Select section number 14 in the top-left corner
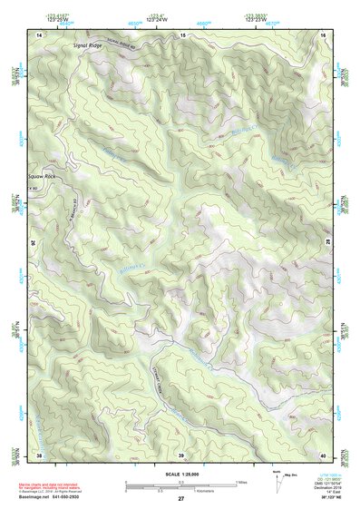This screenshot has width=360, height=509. (x=39, y=34)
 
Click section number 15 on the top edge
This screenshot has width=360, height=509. (x=181, y=34)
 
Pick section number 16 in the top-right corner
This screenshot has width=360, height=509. (x=324, y=34)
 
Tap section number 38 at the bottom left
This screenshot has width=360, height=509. (x=39, y=455)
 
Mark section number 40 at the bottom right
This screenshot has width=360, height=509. (x=324, y=455)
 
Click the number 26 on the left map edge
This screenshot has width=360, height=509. (x=34, y=244)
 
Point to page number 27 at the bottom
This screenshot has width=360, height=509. (x=180, y=499)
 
